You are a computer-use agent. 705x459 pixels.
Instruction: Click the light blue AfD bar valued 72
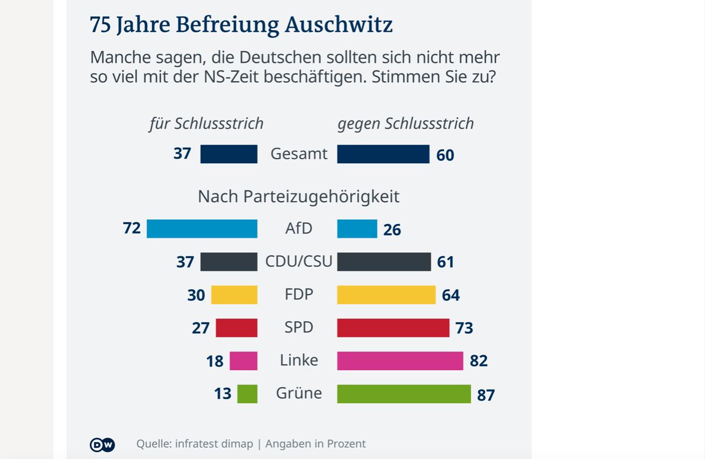pos(202,229)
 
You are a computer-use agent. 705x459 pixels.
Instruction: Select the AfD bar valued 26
pos(357,229)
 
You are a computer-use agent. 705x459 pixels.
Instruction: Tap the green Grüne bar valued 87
pos(404,394)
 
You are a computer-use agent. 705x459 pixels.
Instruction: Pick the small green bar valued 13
pos(247,394)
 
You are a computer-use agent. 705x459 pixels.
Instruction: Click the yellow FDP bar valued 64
pos(387,294)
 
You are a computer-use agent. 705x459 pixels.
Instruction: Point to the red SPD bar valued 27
pos(237,327)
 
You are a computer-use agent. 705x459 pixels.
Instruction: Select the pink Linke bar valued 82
pos(400,361)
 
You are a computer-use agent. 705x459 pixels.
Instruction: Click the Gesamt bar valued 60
pos(383,154)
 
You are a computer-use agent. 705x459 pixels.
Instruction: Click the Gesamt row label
pos(298,154)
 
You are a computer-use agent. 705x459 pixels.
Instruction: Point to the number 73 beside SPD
pos(464,328)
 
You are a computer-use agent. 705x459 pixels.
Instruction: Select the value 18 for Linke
pos(215,361)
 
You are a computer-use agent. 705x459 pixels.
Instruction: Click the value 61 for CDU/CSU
pos(445,262)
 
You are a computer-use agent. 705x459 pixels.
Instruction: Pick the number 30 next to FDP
pos(196,295)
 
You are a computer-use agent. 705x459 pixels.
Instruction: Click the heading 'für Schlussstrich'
pos(206,123)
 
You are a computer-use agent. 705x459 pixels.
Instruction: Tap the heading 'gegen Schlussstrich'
pos(405,123)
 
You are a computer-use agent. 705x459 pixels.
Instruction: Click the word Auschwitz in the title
pos(339,25)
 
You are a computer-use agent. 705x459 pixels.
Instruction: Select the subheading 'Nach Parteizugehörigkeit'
pos(298,196)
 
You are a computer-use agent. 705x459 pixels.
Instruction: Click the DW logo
pos(102,444)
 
